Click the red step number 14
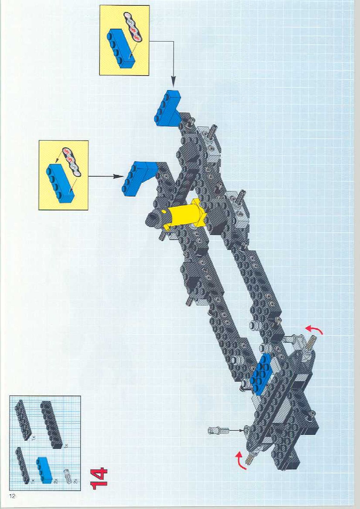click(x=99, y=478)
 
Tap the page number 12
click(x=12, y=496)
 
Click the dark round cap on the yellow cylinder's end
click(x=154, y=219)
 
